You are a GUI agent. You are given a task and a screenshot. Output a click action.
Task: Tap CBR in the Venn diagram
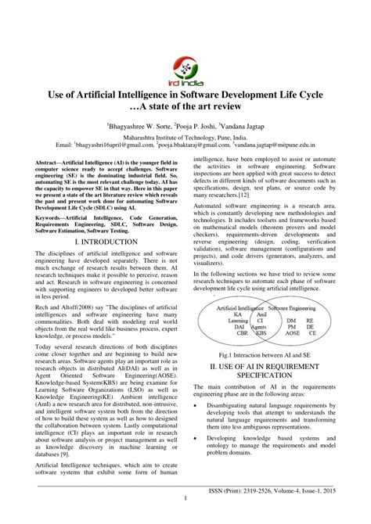[237, 332]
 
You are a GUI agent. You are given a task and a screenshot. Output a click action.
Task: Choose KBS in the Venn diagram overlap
[261, 332]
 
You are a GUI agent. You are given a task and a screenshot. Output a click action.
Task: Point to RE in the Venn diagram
[311, 320]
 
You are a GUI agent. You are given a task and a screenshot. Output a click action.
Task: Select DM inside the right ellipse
[290, 320]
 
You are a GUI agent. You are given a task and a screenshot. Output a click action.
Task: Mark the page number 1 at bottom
[185, 518]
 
